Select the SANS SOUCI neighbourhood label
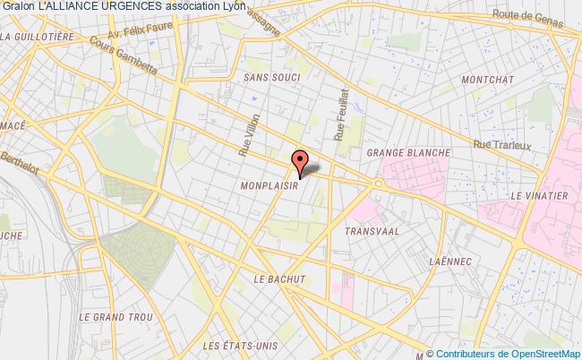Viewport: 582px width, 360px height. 271,78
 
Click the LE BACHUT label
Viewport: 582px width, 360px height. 279,279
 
